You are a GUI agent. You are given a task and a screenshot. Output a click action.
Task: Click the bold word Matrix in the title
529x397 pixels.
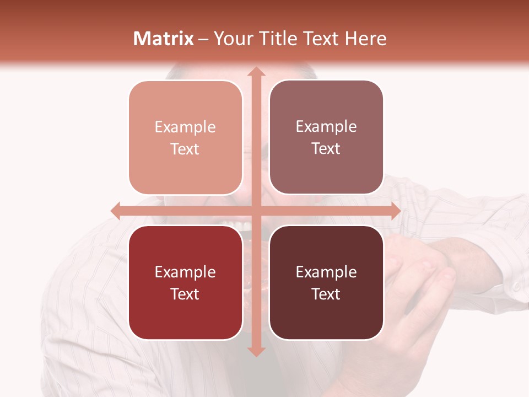[164, 39]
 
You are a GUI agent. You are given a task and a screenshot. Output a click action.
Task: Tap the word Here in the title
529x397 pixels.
[366, 39]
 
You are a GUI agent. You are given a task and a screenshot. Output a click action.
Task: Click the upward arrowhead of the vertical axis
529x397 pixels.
[256, 72]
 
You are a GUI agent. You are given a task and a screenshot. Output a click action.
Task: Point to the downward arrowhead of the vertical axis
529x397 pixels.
[256, 351]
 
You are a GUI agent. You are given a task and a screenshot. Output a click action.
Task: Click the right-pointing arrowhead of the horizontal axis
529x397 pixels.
[395, 211]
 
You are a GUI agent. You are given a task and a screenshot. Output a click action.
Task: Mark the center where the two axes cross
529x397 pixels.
[256, 211]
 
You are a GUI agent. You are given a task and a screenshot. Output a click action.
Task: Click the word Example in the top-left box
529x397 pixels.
[185, 127]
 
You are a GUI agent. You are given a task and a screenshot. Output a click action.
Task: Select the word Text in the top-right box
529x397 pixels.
[326, 149]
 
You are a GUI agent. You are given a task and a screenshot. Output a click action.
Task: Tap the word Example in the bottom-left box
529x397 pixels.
[185, 272]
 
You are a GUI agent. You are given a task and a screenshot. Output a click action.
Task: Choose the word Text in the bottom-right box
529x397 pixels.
[326, 294]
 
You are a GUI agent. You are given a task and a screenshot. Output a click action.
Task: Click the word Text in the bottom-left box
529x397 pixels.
[185, 294]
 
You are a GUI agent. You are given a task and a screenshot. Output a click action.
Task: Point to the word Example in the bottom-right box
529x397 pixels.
[326, 272]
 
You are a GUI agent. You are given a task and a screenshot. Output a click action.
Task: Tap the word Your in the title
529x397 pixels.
[233, 39]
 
